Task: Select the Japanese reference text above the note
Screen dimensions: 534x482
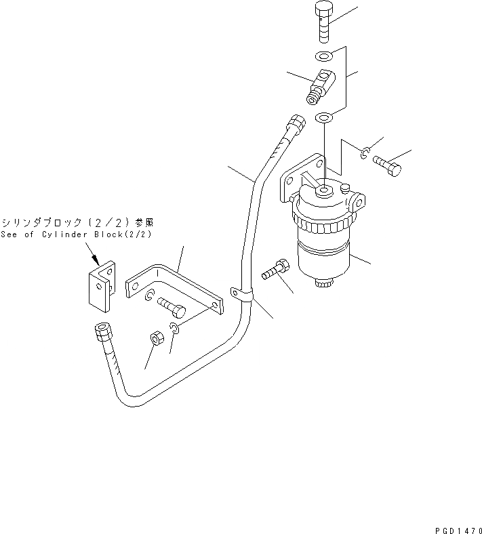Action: click(77, 222)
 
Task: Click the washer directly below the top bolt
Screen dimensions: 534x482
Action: click(324, 56)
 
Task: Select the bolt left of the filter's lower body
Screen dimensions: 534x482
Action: click(277, 268)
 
